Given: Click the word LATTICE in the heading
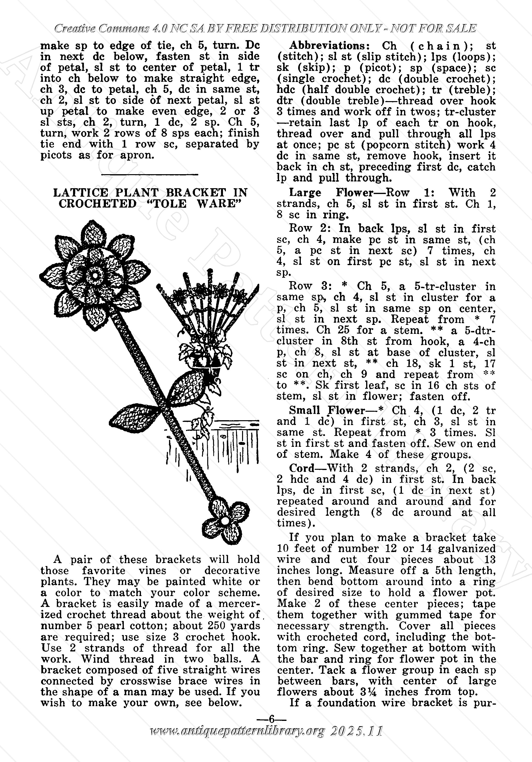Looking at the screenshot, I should (81, 193).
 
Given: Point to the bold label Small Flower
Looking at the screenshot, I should (326, 411).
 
